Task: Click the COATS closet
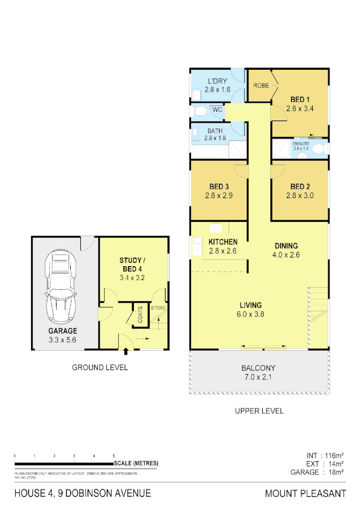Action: [x=140, y=314]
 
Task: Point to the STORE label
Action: [x=158, y=308]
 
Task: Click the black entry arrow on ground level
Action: [x=126, y=351]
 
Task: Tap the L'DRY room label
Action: [x=217, y=81]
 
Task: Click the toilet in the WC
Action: [x=201, y=110]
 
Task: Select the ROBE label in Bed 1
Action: [x=261, y=86]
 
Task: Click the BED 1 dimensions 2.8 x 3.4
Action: [x=300, y=108]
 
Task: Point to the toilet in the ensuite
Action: [x=319, y=149]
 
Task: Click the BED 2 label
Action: [x=300, y=186]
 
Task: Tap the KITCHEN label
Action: [x=223, y=242]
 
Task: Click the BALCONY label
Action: [x=258, y=367]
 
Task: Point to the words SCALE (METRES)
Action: [x=136, y=463]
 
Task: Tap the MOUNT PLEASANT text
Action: [x=305, y=493]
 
